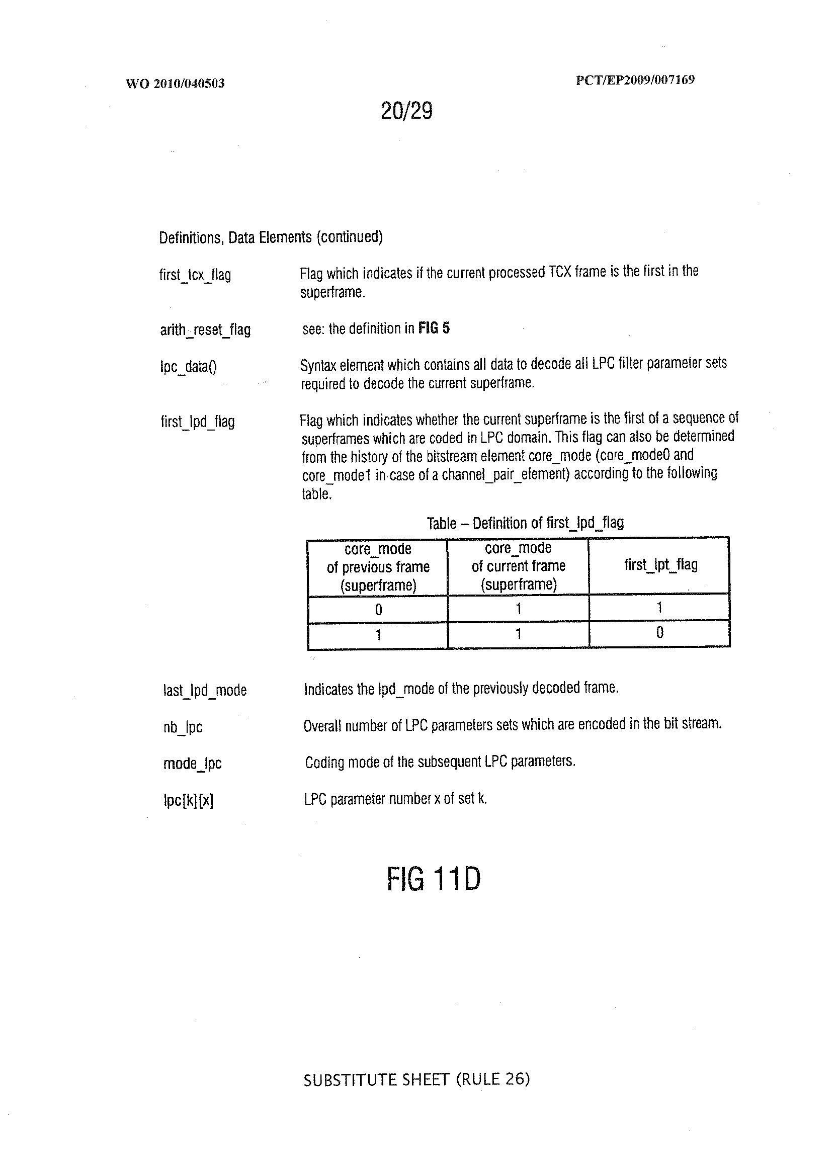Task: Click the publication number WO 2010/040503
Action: pyautogui.click(x=175, y=83)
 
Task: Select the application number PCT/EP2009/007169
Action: pyautogui.click(x=634, y=80)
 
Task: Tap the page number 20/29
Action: pyautogui.click(x=406, y=111)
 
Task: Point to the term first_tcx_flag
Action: pyautogui.click(x=195, y=275)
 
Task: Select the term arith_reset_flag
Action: pyautogui.click(x=205, y=329)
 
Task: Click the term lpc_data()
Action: pyautogui.click(x=189, y=366)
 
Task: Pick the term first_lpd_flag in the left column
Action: pyautogui.click(x=197, y=422)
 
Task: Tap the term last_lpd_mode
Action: pyautogui.click(x=205, y=690)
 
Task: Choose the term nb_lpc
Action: pyautogui.click(x=183, y=727)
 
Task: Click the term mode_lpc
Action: pyautogui.click(x=192, y=763)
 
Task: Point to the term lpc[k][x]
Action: pyautogui.click(x=188, y=800)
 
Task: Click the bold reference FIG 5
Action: pyautogui.click(x=434, y=328)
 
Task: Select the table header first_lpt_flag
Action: pyautogui.click(x=660, y=565)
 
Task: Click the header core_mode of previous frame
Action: pyautogui.click(x=378, y=567)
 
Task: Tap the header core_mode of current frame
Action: pyautogui.click(x=518, y=566)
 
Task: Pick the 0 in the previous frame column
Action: pyautogui.click(x=378, y=610)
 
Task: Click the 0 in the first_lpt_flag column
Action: pyautogui.click(x=659, y=632)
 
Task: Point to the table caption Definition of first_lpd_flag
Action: pyautogui.click(x=525, y=523)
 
